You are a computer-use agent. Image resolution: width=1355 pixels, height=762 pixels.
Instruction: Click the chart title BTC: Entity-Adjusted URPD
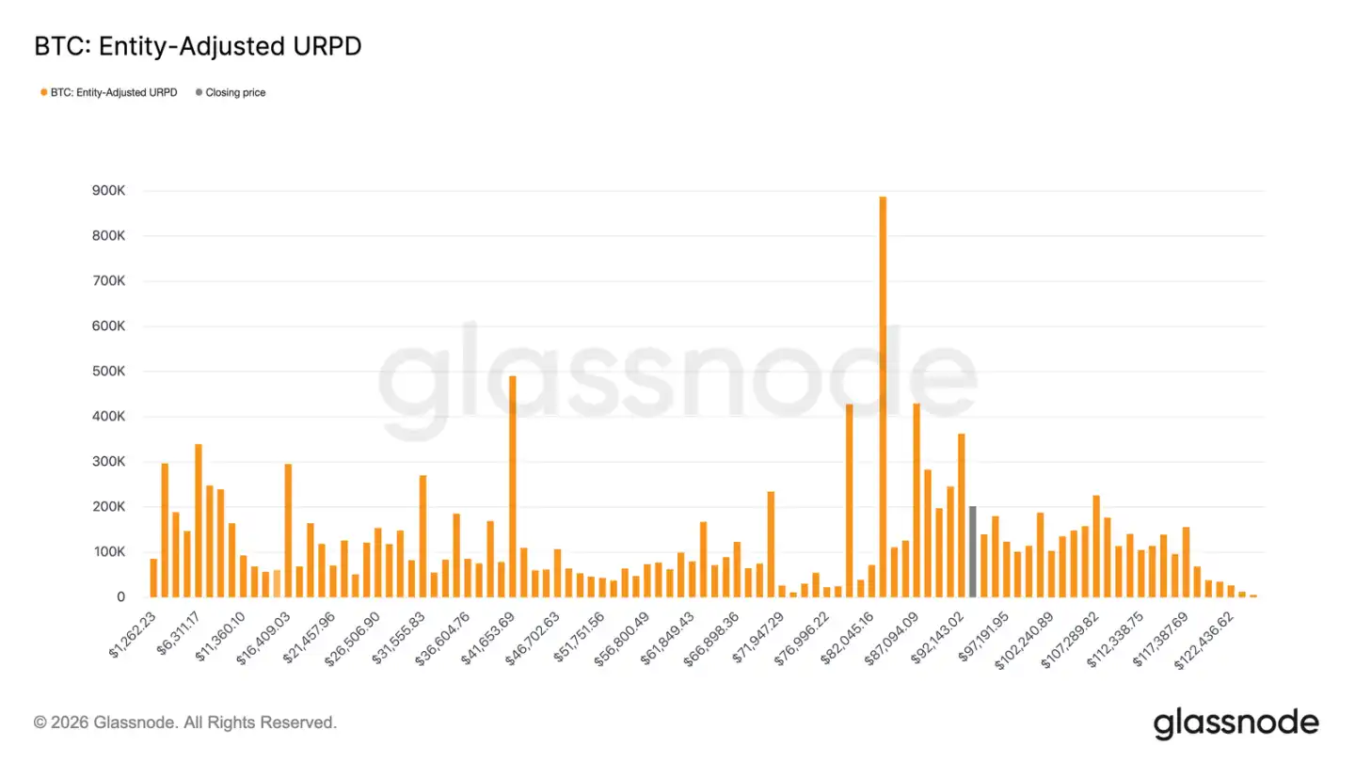pos(198,47)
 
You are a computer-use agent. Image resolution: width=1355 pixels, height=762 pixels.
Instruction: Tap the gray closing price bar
pos(972,551)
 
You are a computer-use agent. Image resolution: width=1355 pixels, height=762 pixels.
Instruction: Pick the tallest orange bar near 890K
pos(883,396)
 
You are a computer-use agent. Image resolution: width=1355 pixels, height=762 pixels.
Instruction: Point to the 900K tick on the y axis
pos(107,191)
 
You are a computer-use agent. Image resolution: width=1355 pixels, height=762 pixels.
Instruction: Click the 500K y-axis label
pos(107,372)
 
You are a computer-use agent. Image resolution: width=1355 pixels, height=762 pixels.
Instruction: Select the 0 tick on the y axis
pos(120,597)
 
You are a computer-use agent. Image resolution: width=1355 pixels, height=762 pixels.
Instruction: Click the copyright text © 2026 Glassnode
pos(185,722)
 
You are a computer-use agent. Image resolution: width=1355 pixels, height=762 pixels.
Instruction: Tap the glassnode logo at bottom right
pos(1235,722)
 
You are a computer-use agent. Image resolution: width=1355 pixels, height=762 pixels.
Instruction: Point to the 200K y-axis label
pos(107,507)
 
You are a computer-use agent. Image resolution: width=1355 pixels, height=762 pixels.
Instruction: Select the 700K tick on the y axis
pos(107,281)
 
